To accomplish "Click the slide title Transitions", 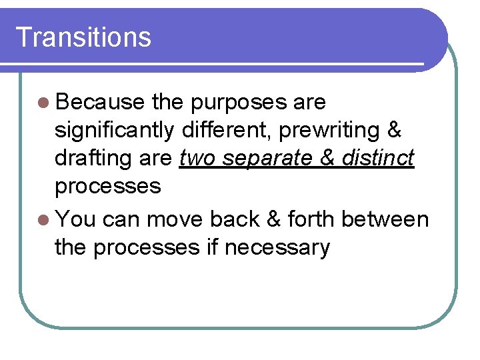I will [83, 37].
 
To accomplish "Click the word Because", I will [101, 102].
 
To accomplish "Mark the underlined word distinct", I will [379, 158].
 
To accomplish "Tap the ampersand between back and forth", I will [272, 219].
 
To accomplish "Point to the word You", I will [77, 219].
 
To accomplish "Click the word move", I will [175, 219].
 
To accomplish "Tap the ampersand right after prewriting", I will [394, 130].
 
